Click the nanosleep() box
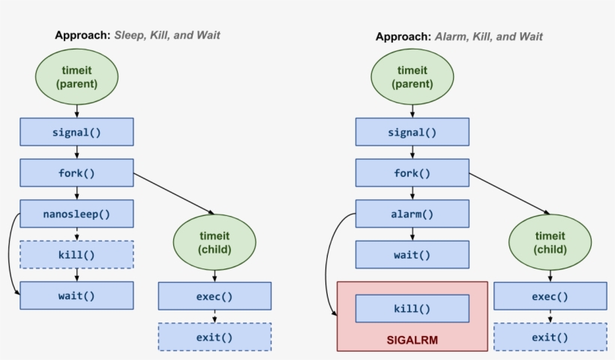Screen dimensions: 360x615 coord(76,214)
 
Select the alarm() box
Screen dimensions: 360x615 coord(412,214)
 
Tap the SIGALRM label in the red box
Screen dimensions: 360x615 coord(412,340)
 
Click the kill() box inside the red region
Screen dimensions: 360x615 coord(412,308)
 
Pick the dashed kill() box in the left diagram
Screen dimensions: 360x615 coord(76,254)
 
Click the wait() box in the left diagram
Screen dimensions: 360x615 coord(76,295)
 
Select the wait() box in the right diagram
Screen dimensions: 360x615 coord(412,254)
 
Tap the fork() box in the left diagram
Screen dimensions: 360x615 coord(76,172)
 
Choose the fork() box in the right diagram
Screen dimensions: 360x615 coord(412,172)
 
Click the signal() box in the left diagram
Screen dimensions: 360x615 coord(76,132)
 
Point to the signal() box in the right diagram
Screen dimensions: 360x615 coord(412,132)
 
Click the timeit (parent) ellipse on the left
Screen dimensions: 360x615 coord(76,77)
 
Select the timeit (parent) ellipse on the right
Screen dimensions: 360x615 coord(412,77)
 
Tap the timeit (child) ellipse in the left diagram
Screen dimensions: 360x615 coord(214,242)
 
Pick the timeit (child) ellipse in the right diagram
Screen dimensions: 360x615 coord(550,242)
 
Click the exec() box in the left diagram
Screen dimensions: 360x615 coord(214,296)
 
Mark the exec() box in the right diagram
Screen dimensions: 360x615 coord(550,296)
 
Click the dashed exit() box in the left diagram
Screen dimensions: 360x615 coord(214,337)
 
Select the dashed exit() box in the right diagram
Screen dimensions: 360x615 coord(550,337)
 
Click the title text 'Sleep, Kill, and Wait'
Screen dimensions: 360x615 coord(167,35)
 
